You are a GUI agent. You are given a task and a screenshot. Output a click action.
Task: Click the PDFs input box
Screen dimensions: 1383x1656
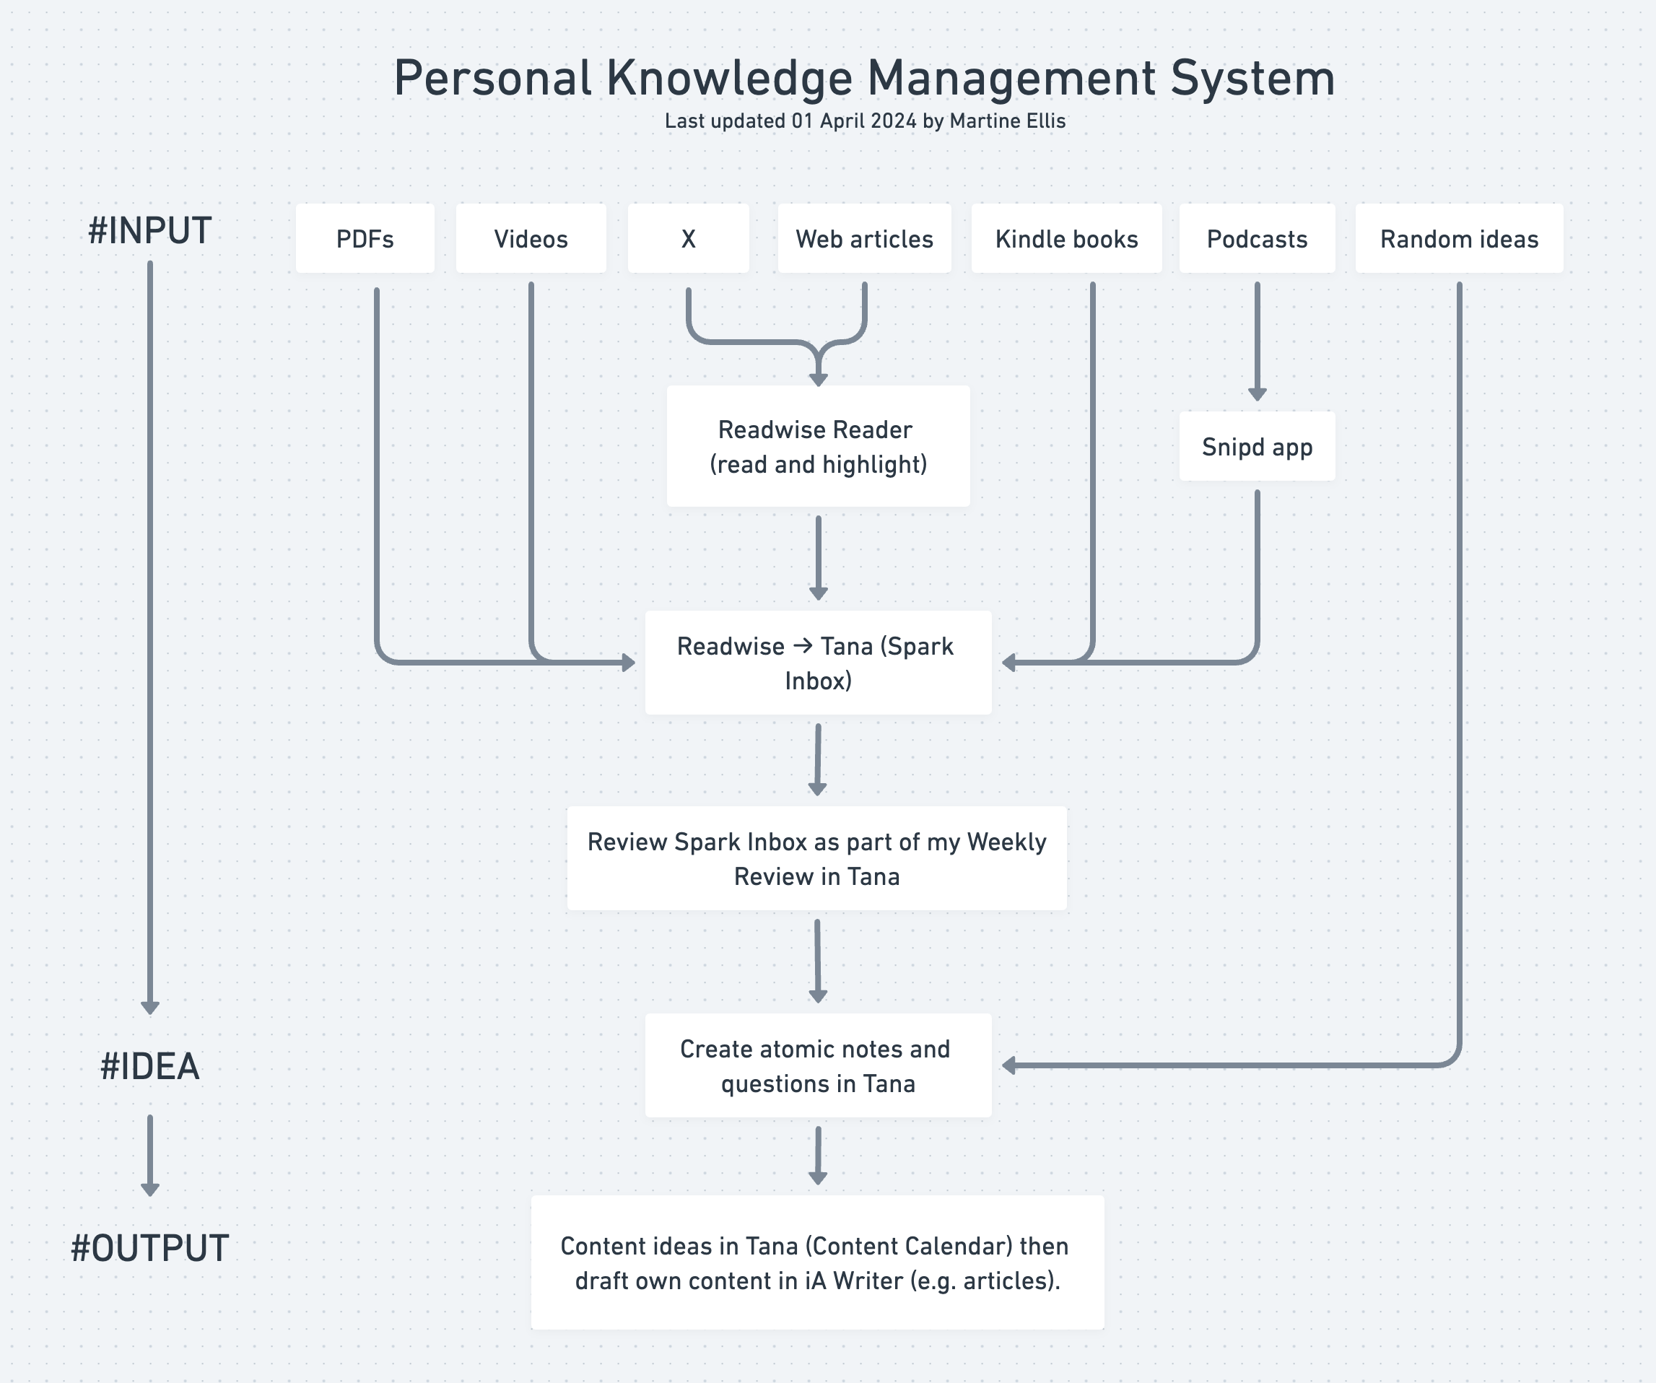click(x=365, y=239)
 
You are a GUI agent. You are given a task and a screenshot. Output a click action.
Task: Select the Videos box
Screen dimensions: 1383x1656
click(x=531, y=239)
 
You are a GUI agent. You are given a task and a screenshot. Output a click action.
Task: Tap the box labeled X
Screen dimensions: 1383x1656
click(x=688, y=239)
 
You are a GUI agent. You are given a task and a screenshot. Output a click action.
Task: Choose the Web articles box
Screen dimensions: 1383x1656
click(x=864, y=239)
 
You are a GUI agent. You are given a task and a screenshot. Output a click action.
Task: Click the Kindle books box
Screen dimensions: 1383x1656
click(x=1066, y=239)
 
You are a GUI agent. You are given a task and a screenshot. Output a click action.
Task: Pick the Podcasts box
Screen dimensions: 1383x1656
click(x=1257, y=239)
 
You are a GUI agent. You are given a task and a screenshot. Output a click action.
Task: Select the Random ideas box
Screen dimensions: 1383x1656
click(x=1459, y=239)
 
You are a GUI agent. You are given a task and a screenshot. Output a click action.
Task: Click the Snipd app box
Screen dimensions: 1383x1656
click(x=1257, y=446)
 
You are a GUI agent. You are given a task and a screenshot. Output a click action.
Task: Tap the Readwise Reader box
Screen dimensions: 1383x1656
click(x=818, y=446)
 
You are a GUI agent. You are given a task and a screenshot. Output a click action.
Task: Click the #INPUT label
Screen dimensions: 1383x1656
click(x=150, y=231)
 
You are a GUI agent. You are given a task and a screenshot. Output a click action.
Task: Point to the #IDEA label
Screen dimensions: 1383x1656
click(x=150, y=1067)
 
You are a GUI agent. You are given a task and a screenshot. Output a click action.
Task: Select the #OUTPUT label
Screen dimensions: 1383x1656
click(x=150, y=1249)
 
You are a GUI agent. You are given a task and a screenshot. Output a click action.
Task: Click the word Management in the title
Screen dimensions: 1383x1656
click(x=1012, y=79)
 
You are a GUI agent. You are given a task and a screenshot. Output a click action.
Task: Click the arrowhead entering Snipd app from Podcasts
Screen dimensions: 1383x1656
click(x=1257, y=394)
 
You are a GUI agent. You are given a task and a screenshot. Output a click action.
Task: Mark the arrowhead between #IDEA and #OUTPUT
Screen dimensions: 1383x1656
click(x=150, y=1189)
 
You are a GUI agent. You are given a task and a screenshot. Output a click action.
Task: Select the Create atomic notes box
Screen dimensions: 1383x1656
click(x=818, y=1066)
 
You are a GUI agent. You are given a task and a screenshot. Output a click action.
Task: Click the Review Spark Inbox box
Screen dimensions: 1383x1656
click(x=817, y=859)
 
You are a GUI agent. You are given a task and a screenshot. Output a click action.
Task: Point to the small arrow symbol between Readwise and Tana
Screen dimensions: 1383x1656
click(x=803, y=646)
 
